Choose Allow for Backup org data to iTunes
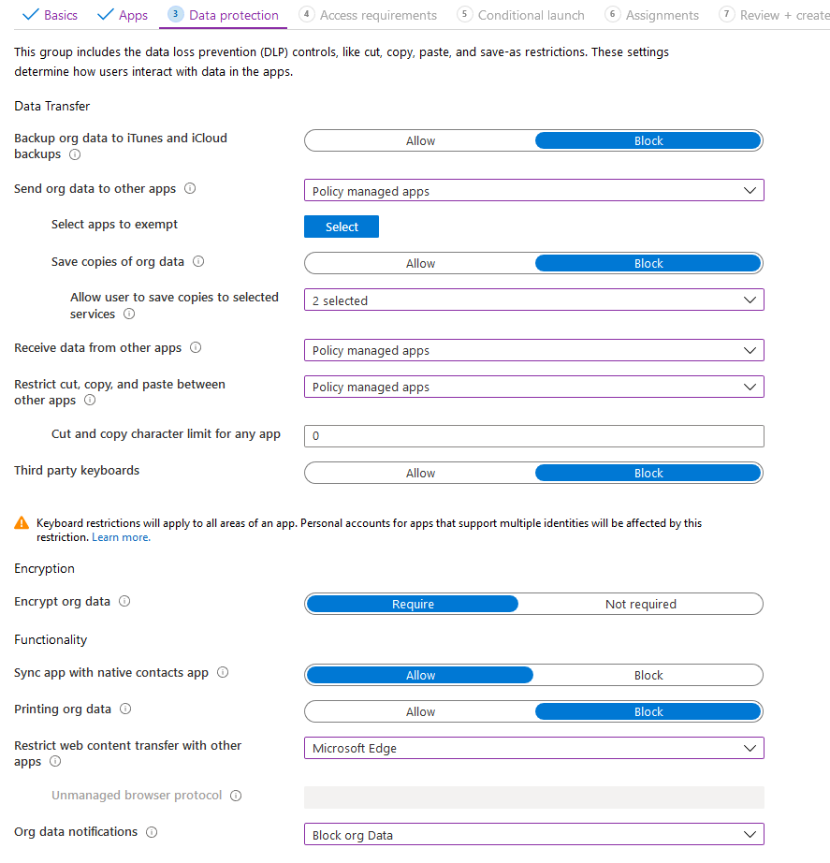tap(420, 140)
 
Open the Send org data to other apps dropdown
tap(533, 191)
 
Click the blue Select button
tap(342, 227)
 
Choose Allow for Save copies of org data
tap(420, 263)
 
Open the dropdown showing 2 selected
tap(533, 300)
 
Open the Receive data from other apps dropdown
tap(533, 350)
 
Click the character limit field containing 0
tap(533, 436)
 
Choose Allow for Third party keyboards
tap(420, 473)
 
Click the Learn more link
tap(121, 537)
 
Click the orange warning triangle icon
tap(22, 523)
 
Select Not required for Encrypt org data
tap(640, 604)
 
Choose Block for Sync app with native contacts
tap(648, 675)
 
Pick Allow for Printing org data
tap(420, 711)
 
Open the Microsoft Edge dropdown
tap(533, 748)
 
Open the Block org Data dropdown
tap(533, 835)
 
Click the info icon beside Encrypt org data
tap(124, 601)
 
